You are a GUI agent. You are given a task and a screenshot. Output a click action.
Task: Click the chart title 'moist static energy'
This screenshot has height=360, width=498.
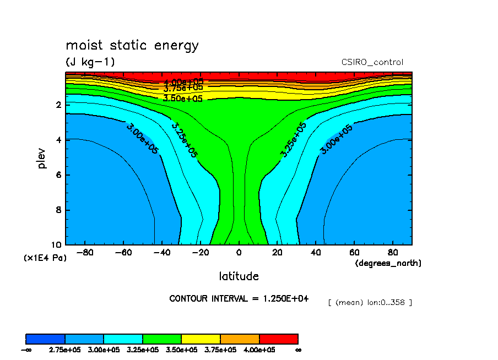tap(132, 45)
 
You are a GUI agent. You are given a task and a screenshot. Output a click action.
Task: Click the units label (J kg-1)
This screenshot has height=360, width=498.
tap(90, 62)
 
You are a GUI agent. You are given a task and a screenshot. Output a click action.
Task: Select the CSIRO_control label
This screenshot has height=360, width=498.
tap(372, 62)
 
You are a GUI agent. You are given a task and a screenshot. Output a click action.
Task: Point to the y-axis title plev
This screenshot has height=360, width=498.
tap(42, 157)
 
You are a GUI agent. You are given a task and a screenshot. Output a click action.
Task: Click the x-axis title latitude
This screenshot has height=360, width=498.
tap(239, 276)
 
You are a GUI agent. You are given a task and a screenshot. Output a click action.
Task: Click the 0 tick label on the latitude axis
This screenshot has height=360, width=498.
tap(239, 253)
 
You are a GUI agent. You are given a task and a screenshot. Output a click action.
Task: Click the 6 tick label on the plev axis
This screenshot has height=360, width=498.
tap(58, 175)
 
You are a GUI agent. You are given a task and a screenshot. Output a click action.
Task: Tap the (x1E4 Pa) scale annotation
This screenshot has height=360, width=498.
tap(45, 258)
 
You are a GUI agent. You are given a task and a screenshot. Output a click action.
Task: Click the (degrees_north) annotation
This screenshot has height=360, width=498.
tap(388, 263)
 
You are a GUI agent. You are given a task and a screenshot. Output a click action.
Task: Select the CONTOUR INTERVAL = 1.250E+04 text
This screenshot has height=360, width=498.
tap(239, 298)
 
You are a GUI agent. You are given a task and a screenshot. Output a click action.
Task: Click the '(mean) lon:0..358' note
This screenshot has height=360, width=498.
tap(370, 302)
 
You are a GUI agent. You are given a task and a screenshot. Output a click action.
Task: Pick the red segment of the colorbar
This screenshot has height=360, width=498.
tap(278, 339)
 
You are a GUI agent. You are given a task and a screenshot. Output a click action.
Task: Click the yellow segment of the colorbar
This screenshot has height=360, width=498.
tap(201, 339)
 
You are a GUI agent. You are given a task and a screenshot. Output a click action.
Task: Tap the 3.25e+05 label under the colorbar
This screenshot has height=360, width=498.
tap(142, 350)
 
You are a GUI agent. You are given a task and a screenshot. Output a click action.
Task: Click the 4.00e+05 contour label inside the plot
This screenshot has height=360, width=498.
tap(183, 81)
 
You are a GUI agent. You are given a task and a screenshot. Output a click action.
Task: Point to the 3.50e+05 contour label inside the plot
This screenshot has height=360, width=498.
tap(183, 99)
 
